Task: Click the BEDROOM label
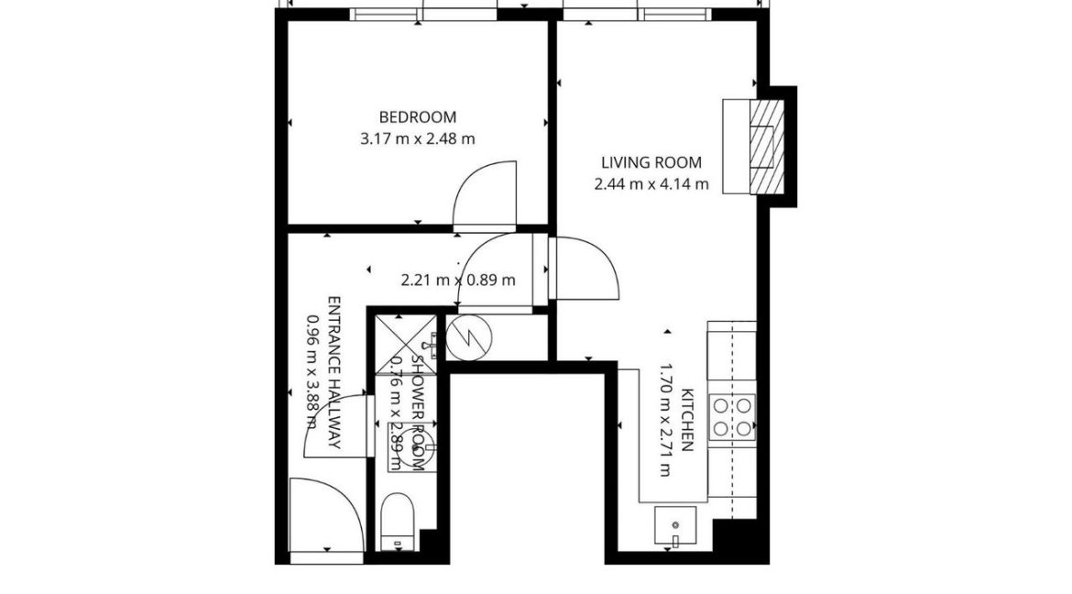point(418,117)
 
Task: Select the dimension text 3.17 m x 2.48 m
point(418,139)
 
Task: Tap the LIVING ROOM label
point(651,163)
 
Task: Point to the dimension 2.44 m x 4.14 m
point(651,184)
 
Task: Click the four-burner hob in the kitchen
point(733,415)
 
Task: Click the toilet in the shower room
point(398,519)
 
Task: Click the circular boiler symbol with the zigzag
point(468,336)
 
